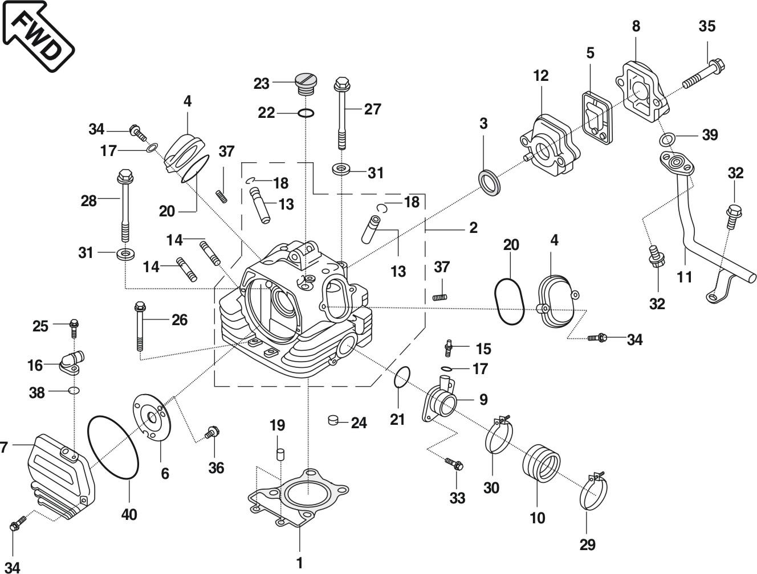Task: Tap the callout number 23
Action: tap(261, 84)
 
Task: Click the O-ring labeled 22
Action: tap(306, 113)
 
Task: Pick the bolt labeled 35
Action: tap(704, 73)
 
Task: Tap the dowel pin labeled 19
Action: tap(280, 454)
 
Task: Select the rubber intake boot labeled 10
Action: tap(541, 465)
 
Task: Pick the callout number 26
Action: tap(179, 320)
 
